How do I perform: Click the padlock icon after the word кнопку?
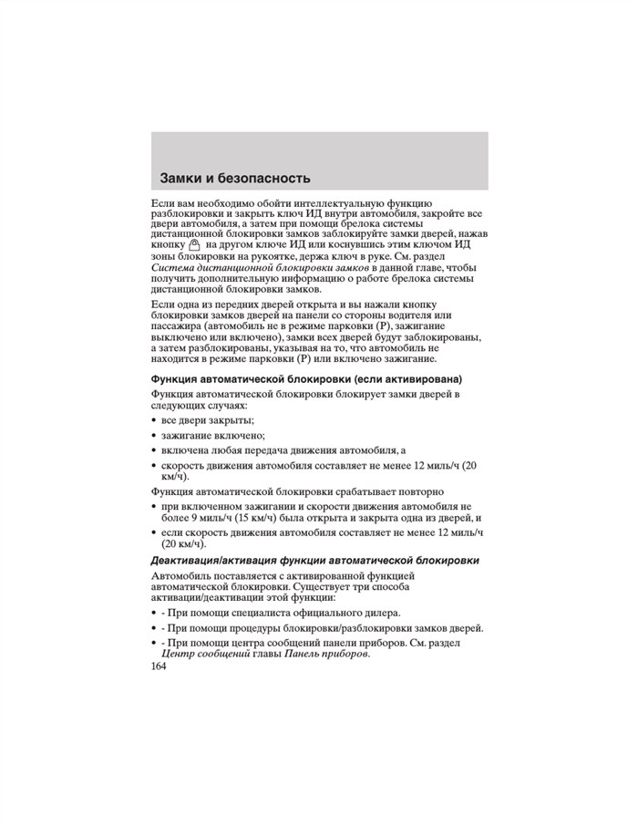[x=194, y=245]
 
